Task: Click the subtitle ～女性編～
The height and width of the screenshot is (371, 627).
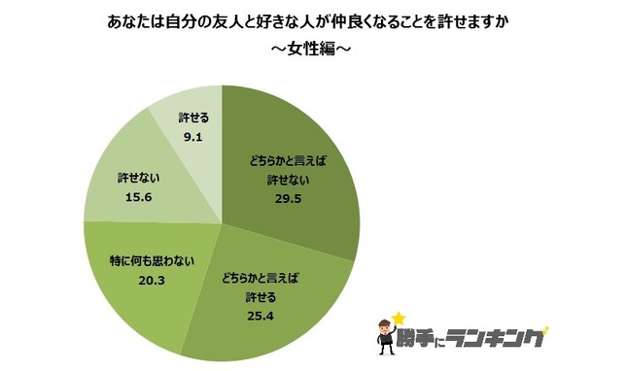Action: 313,50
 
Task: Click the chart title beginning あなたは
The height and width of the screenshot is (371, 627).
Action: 313,19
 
